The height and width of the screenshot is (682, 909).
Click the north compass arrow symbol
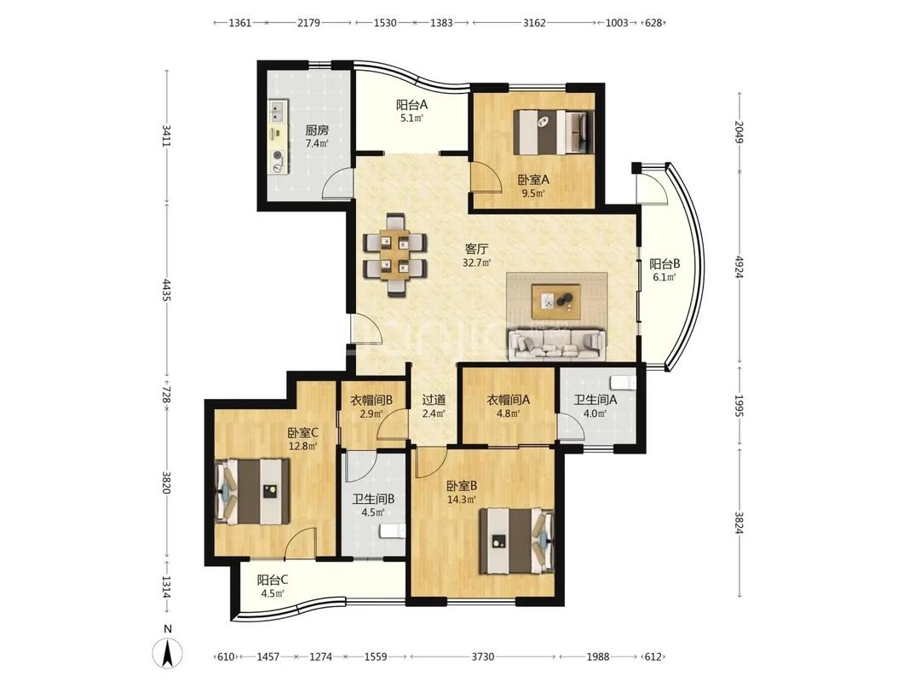[168, 653]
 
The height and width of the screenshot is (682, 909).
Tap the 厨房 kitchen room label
[317, 131]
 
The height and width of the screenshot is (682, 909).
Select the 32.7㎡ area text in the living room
[476, 263]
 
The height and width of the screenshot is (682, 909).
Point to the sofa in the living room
[555, 344]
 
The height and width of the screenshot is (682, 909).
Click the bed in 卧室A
[554, 132]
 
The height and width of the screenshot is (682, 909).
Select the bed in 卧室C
[253, 492]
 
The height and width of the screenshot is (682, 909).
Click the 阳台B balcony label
[664, 264]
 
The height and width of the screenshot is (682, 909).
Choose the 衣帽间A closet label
[508, 400]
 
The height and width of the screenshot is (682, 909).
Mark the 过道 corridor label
[434, 400]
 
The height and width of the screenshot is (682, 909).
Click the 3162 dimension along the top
[534, 23]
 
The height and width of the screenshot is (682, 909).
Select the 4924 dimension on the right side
[739, 266]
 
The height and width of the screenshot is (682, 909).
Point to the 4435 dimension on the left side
[167, 291]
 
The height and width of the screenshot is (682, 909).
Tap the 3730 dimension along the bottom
[482, 656]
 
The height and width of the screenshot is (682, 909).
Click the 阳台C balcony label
[273, 580]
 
